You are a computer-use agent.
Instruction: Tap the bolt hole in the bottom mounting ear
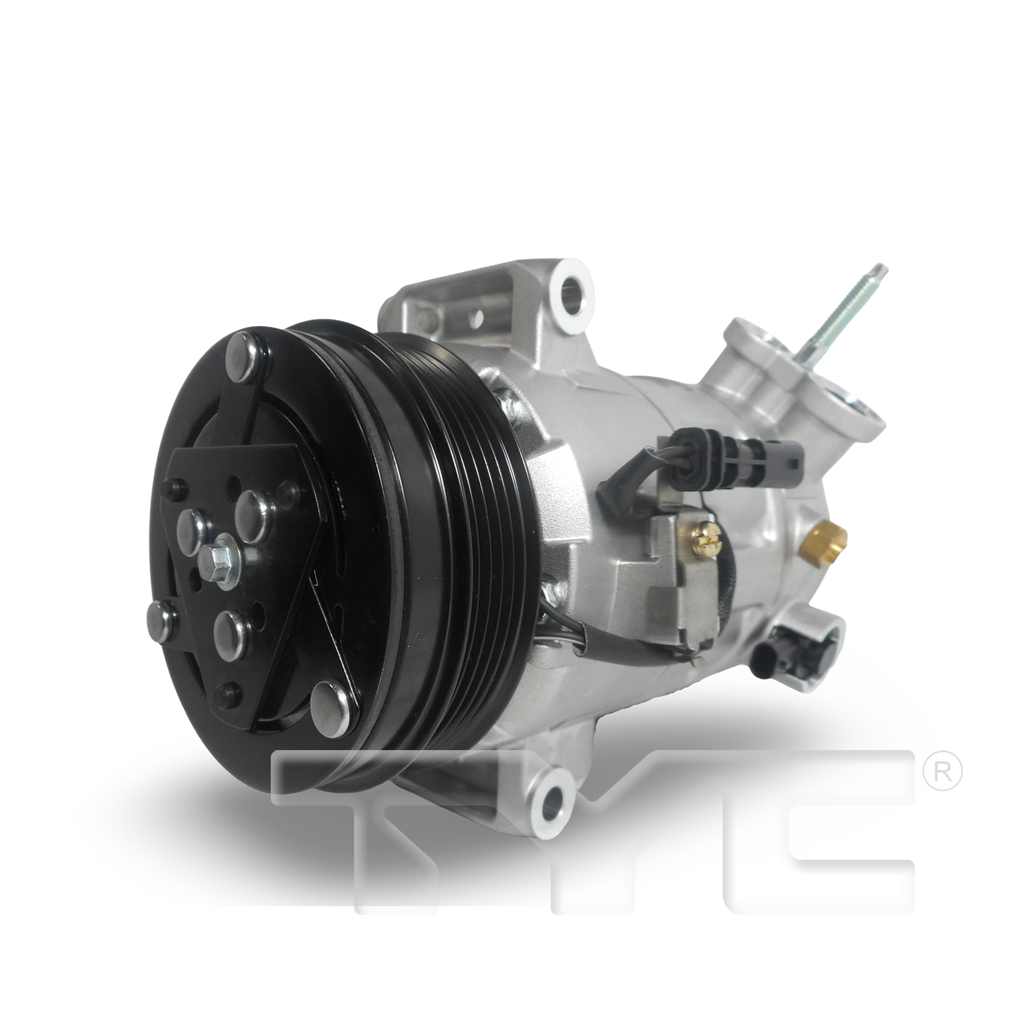[x=553, y=801]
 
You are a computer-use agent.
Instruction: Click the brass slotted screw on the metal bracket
[x=709, y=533]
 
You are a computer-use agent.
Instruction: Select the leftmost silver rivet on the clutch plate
[x=160, y=617]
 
